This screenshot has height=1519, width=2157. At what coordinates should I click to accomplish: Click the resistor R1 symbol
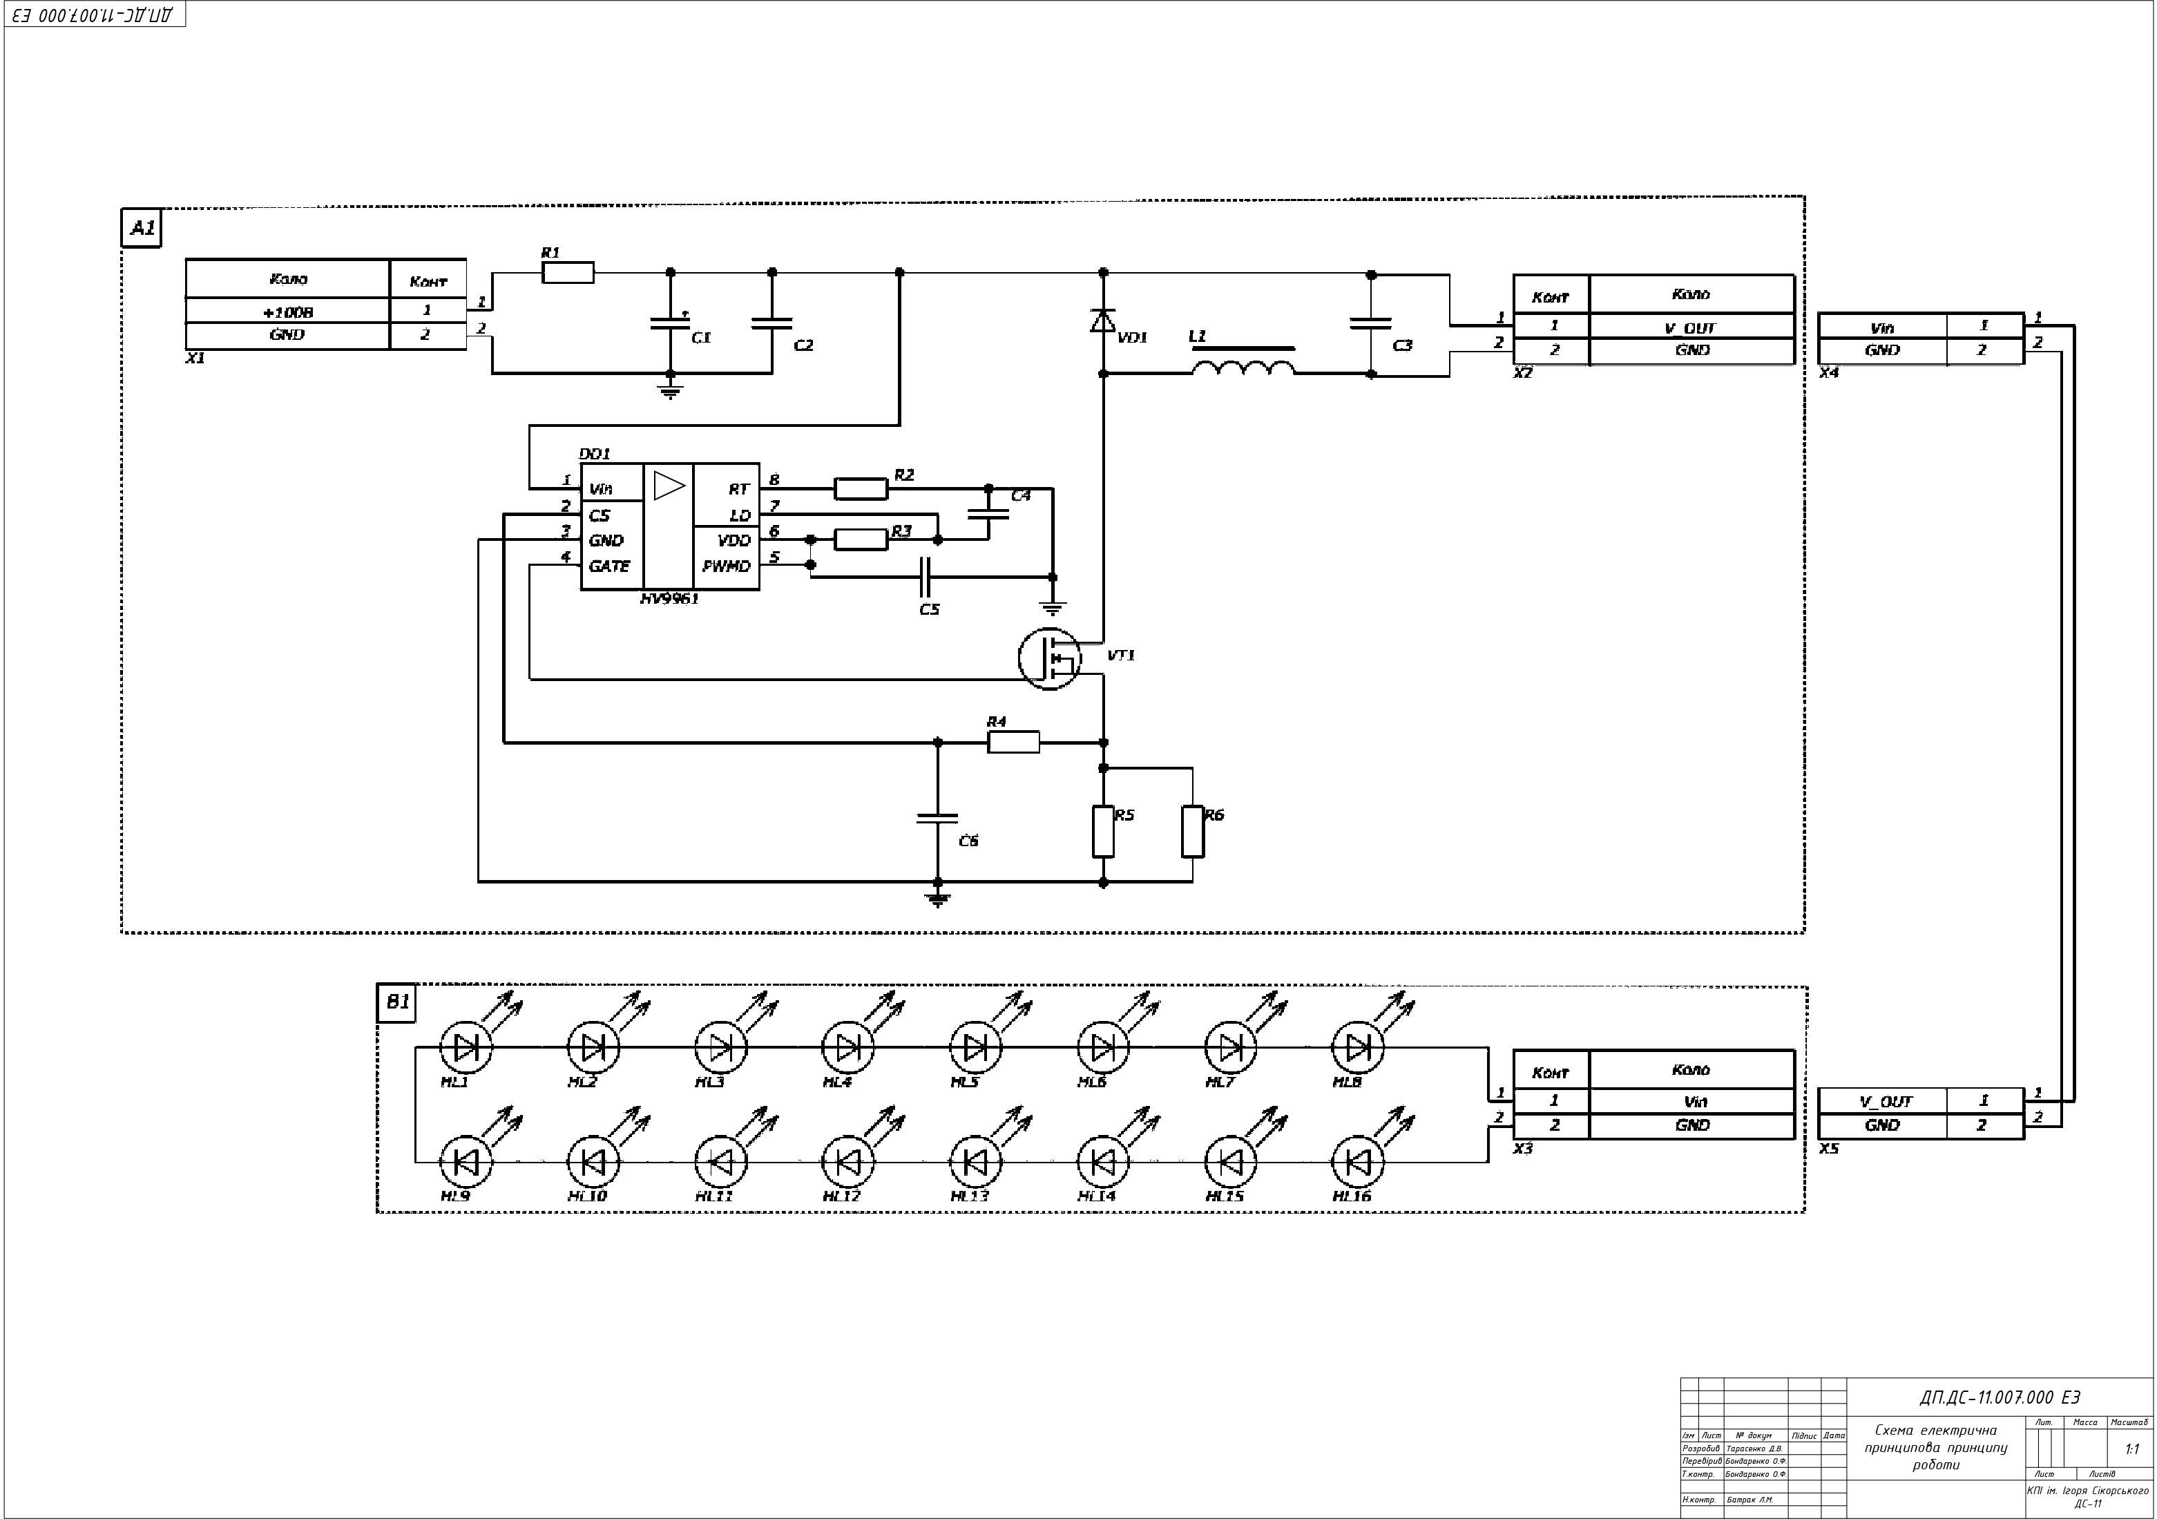568,272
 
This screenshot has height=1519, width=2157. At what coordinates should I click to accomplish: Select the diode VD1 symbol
1103,321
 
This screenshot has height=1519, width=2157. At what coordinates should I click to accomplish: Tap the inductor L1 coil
1243,367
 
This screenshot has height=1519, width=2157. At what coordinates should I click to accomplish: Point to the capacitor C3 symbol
1371,323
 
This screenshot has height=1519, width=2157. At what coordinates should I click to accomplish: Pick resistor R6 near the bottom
1192,830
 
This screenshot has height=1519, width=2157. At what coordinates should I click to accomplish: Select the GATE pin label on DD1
608,566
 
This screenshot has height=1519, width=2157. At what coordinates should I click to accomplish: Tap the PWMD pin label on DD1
726,566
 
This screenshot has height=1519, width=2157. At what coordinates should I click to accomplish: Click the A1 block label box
142,228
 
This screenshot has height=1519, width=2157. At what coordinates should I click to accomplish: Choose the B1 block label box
396,1002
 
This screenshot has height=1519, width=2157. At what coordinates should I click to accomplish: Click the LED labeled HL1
466,1047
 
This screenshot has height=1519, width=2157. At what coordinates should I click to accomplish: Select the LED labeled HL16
1357,1163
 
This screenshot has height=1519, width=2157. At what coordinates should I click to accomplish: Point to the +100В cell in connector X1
287,312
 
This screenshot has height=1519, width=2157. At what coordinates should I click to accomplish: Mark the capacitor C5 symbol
926,577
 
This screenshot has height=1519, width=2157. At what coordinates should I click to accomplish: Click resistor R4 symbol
1013,742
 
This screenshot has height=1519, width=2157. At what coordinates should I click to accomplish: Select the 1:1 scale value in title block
2131,1449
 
